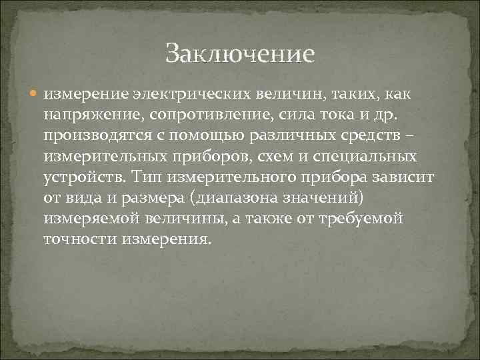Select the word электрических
(x=175, y=95)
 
